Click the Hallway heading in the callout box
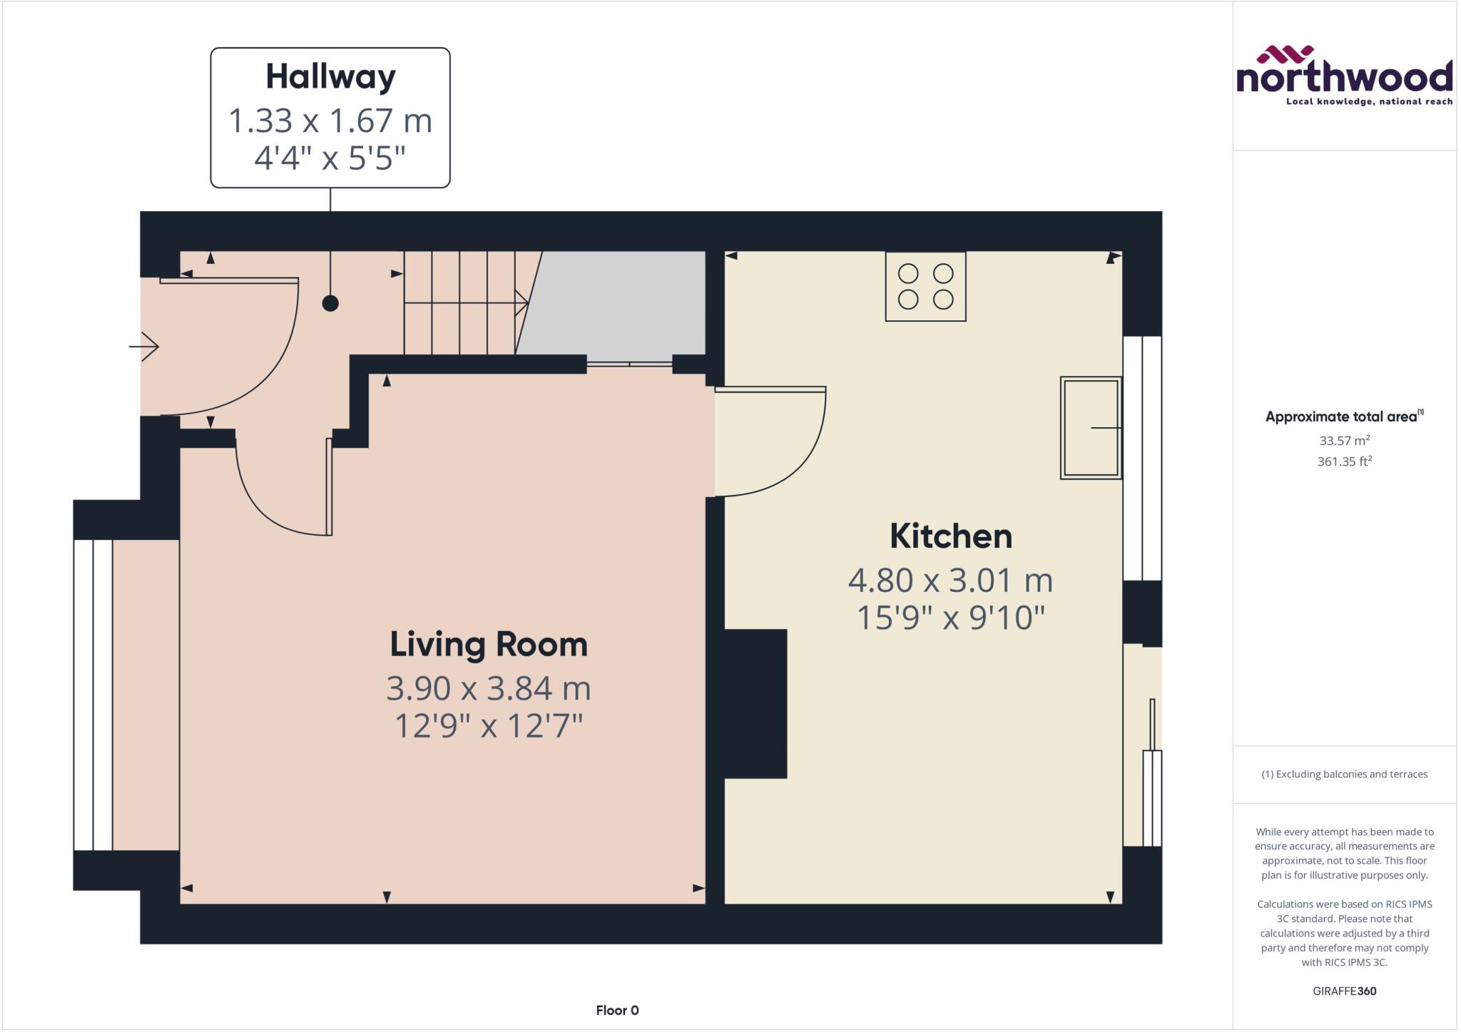330,77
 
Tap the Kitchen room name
950,536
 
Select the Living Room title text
489,644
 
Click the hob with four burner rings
925,286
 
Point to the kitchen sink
1090,427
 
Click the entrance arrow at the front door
145,347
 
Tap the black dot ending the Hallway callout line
330,303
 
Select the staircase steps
460,302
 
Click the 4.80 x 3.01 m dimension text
950,581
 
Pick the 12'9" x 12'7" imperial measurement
489,726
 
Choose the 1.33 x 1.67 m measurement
330,121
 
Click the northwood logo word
1344,77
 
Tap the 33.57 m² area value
1344,441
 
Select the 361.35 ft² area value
1344,461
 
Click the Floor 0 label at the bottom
617,1010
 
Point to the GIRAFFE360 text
1344,991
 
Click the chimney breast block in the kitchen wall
755,703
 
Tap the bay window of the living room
93,695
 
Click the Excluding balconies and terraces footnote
1344,774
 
